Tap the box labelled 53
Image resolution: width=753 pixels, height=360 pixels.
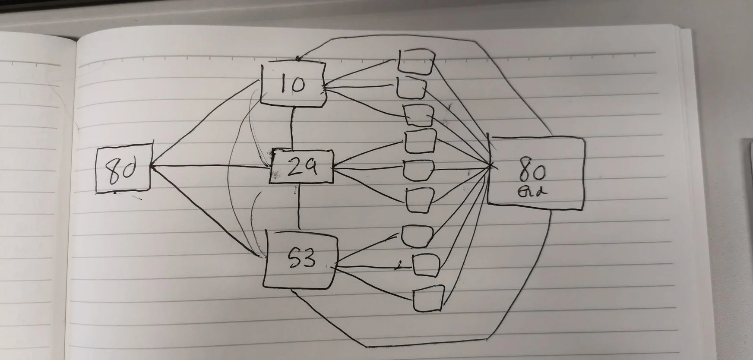click(x=300, y=260)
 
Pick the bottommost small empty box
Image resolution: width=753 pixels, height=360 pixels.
click(x=427, y=298)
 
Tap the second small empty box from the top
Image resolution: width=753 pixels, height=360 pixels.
click(x=411, y=88)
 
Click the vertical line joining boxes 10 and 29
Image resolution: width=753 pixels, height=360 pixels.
click(x=293, y=127)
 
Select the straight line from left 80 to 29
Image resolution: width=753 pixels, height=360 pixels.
click(x=212, y=167)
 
